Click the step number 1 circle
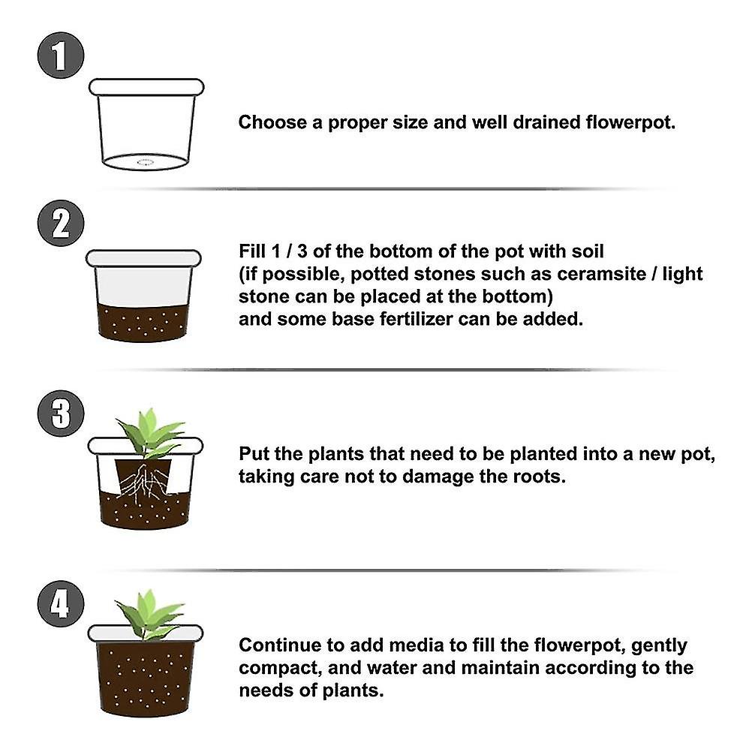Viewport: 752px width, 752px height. pos(61,56)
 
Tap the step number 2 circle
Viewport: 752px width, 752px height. pos(61,223)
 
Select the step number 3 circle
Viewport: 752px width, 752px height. pos(61,413)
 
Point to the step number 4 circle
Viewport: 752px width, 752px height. pos(61,605)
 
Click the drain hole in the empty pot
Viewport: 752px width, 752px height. pos(145,161)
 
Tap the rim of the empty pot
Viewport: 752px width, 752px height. pos(146,87)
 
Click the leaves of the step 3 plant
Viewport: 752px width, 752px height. pos(150,432)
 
